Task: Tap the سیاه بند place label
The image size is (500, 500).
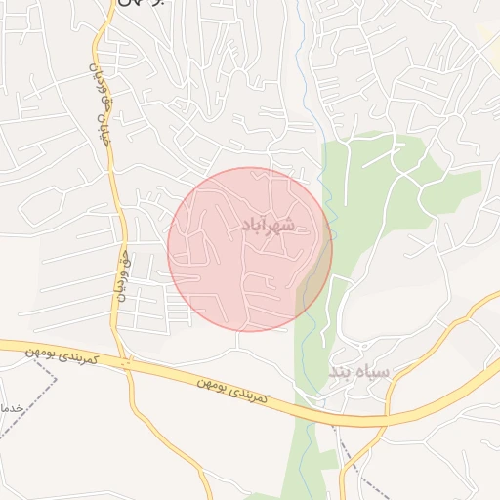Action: click(x=358, y=373)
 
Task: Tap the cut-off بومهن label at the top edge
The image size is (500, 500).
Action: click(x=142, y=4)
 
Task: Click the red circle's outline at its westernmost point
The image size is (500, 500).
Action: click(x=168, y=250)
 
